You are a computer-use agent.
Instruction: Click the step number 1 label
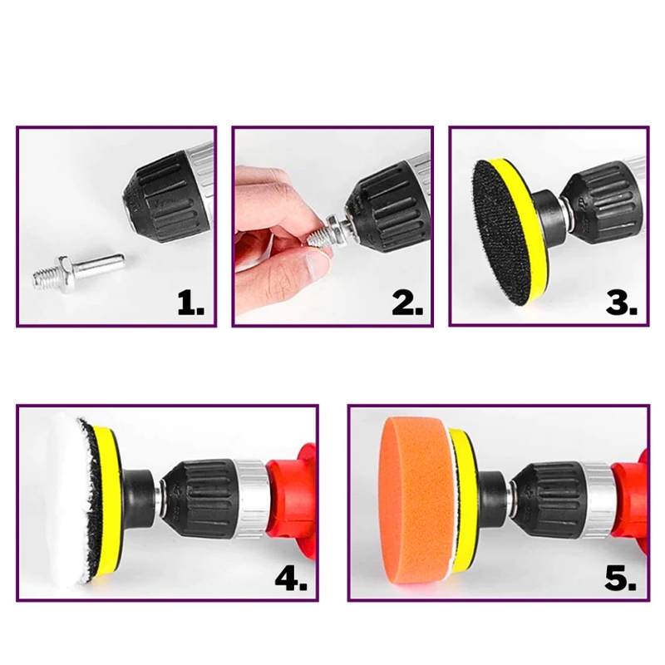tap(191, 303)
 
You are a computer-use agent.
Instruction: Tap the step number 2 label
tap(407, 303)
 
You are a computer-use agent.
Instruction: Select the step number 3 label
tap(622, 303)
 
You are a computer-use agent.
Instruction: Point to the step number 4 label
tap(291, 579)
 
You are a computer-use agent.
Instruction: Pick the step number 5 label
tap(621, 579)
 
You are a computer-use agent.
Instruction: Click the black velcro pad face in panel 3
tap(499, 231)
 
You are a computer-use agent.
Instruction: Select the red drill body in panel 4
tap(293, 500)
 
